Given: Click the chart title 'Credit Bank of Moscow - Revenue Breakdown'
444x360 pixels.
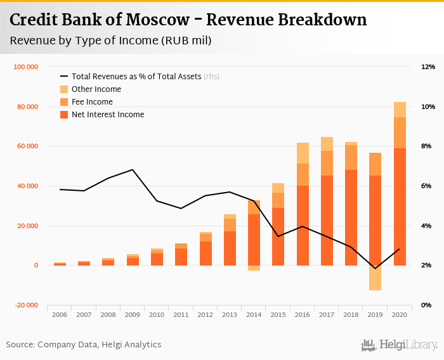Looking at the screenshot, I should point(188,20).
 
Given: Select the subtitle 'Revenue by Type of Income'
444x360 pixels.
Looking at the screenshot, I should point(111,41).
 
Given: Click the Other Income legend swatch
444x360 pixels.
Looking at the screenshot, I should point(64,89).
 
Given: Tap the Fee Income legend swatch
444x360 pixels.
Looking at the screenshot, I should point(64,102).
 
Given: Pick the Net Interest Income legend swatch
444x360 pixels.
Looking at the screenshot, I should point(64,115).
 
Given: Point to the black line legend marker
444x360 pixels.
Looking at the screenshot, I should point(64,77).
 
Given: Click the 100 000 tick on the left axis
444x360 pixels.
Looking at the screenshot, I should point(26,67).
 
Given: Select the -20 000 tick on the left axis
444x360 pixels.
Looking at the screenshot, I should point(26,305).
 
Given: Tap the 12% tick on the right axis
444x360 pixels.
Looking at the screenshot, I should point(428,67).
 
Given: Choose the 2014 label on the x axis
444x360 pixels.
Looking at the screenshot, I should point(254,314).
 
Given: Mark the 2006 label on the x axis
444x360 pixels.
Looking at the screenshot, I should point(60,314).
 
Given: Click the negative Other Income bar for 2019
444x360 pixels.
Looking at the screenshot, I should point(375,278).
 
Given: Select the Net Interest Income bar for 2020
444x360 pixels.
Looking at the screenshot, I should point(400,207).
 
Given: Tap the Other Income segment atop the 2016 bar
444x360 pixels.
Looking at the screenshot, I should point(303,153).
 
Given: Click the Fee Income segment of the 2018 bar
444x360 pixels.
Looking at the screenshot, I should point(351,157).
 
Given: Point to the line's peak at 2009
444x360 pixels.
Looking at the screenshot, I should point(133,170).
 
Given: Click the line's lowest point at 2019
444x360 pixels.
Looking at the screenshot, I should point(375,268).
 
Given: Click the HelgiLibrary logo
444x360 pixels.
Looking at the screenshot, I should point(400,345).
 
